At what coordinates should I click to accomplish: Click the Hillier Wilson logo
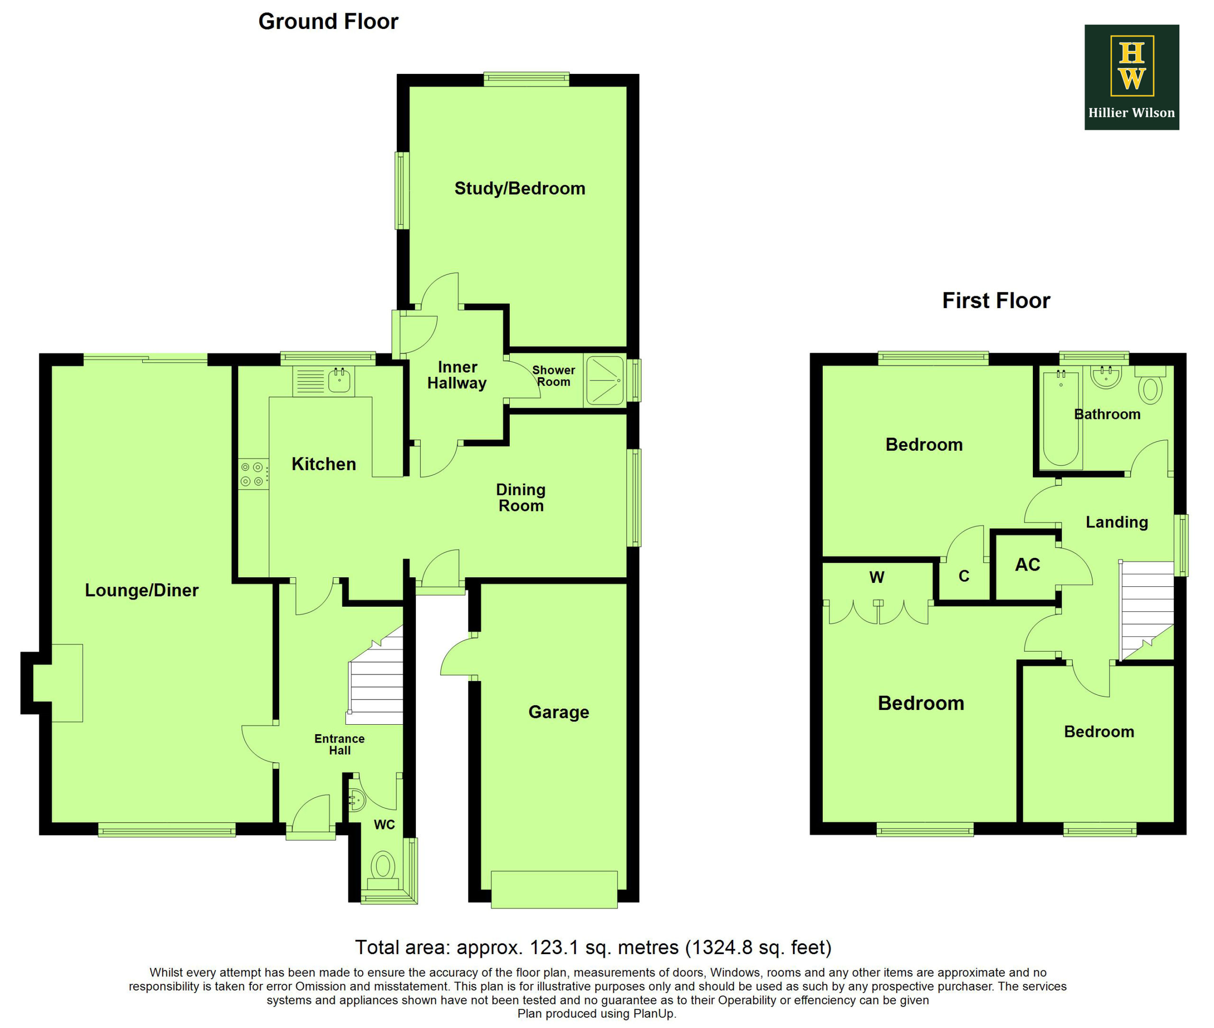coord(1131,77)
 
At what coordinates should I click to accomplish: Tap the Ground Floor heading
coord(328,21)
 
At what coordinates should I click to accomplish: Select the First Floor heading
coord(996,300)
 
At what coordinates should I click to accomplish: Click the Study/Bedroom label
coord(520,189)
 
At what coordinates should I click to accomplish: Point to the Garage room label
coord(559,712)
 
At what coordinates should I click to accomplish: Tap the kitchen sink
coord(340,380)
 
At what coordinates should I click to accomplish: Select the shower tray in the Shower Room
coord(605,381)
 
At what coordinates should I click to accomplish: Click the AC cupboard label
coord(1028,564)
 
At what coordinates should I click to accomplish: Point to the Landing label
coord(1117,522)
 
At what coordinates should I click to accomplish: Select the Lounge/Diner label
coord(142,591)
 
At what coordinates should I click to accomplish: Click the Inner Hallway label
coord(457,375)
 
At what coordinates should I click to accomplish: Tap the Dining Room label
coord(521,498)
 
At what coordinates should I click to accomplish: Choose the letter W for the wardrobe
coord(877,578)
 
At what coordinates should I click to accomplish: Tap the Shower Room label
coord(553,376)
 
